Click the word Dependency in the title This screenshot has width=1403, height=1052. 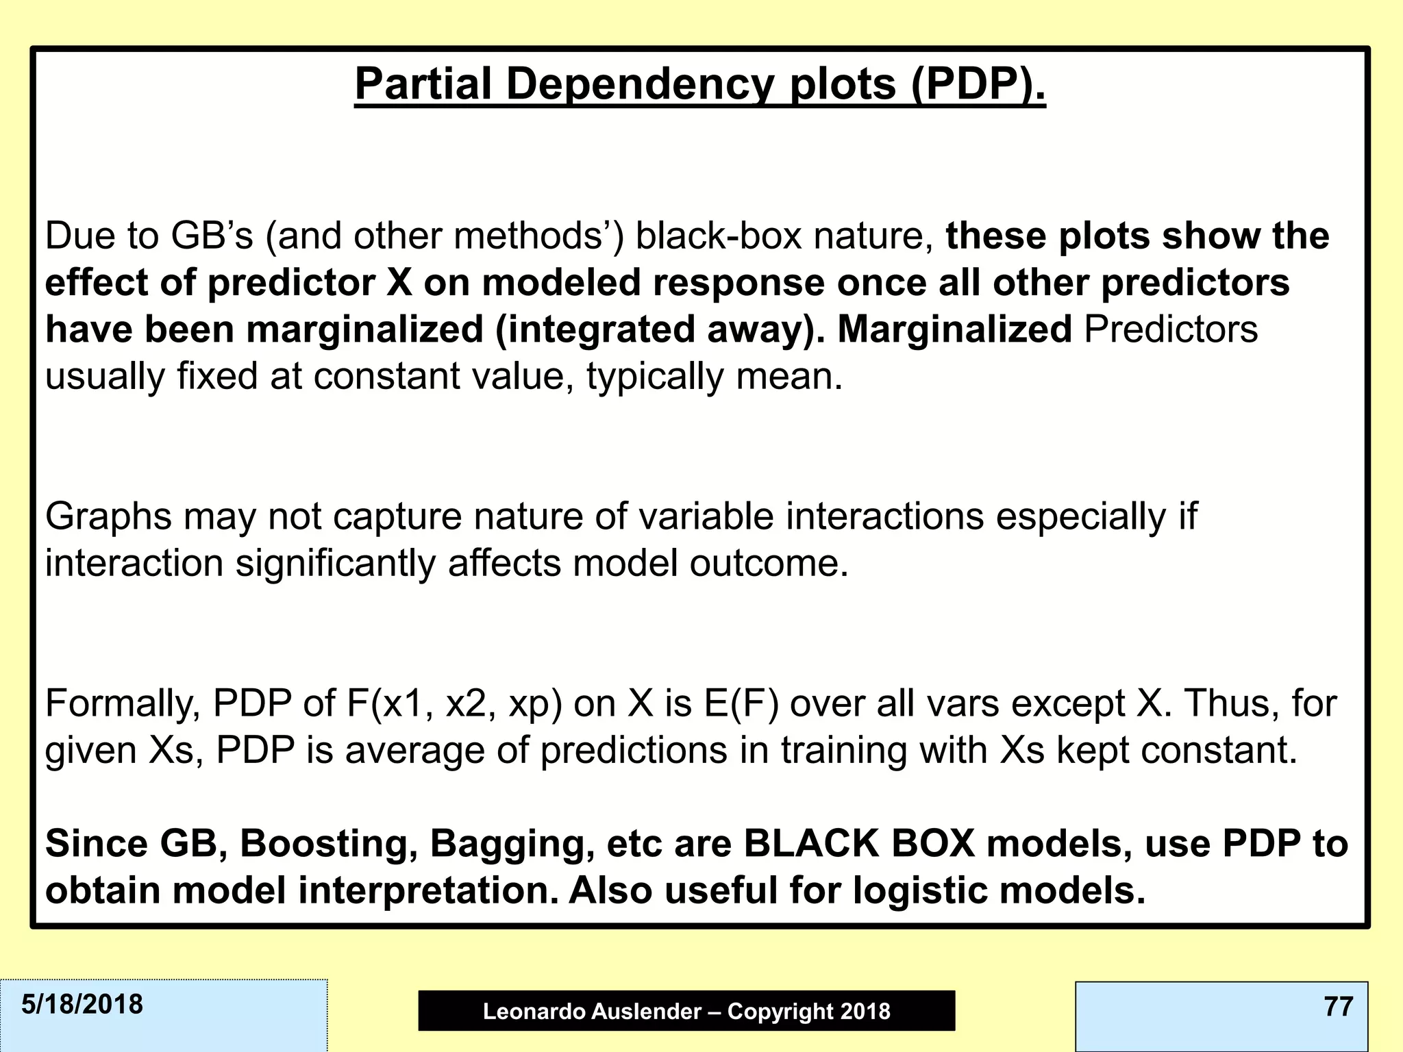click(641, 85)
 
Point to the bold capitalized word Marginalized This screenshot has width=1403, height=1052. click(954, 329)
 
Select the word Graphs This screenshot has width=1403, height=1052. click(108, 516)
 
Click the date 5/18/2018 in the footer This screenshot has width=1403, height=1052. click(82, 1005)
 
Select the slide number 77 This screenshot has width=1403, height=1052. click(1338, 1007)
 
